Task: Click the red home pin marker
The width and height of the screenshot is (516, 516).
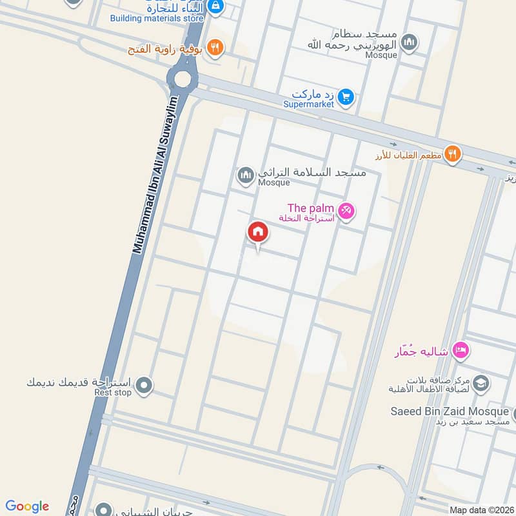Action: coord(258,233)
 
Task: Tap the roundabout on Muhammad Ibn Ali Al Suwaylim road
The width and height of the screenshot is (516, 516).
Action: coord(183,79)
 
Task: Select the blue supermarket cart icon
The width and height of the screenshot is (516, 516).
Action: coord(346,97)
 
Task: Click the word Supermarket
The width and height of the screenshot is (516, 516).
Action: coord(308,104)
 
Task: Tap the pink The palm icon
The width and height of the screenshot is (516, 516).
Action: coord(346,212)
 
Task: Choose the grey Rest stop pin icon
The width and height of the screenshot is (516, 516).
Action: coord(144,386)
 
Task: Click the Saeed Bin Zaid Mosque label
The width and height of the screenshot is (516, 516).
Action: coord(450,411)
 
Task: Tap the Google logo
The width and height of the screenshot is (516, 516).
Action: coord(27,506)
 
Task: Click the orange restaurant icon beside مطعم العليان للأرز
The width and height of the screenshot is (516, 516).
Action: coord(453,154)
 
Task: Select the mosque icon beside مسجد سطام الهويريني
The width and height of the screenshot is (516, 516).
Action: coord(409,43)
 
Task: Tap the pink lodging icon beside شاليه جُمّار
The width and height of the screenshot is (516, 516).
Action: coord(461,350)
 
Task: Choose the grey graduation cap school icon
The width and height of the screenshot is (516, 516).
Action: coord(480,383)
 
